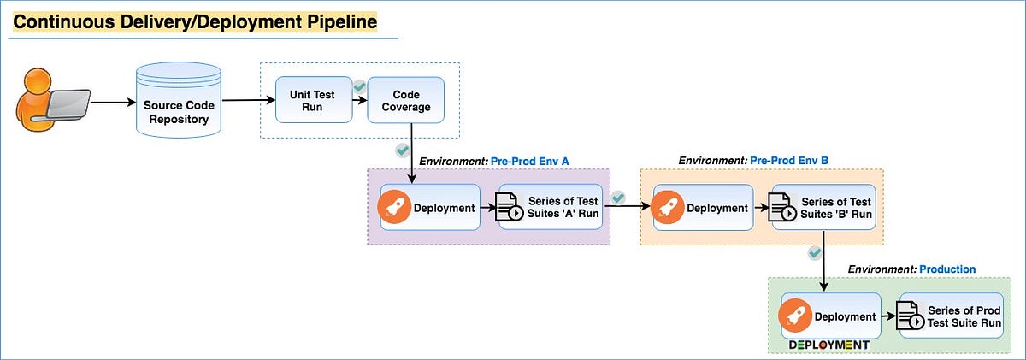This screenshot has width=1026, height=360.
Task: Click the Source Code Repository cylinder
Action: point(178,102)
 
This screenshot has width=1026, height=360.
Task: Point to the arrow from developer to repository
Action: point(111,102)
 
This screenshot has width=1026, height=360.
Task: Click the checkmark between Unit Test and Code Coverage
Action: point(360,86)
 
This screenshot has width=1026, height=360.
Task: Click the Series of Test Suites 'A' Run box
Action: point(553,208)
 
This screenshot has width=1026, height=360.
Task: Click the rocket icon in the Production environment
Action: point(794,316)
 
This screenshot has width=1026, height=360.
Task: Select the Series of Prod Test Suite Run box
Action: point(950,316)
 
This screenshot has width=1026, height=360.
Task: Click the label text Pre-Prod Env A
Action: point(529,161)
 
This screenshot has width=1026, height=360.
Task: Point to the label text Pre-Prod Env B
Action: point(789,160)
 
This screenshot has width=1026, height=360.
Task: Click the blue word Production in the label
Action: point(947,269)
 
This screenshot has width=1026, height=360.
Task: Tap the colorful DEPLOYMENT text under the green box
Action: point(828,345)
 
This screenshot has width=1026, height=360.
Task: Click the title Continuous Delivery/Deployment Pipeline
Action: point(195,21)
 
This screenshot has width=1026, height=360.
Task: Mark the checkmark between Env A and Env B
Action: point(619,198)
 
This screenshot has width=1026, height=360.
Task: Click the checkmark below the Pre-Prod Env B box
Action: point(815,253)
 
